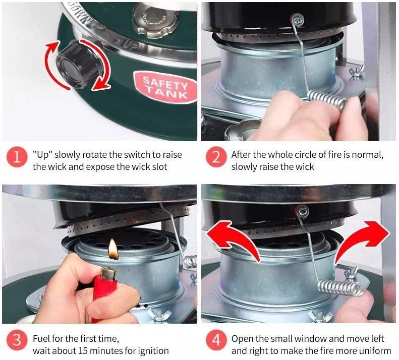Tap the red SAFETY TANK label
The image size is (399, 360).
click(165, 87)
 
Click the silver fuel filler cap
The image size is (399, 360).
click(156, 20)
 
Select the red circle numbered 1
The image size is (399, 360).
click(17, 157)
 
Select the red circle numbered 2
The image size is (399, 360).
click(216, 157)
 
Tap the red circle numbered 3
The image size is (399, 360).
click(17, 340)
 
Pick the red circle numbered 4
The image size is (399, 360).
click(216, 340)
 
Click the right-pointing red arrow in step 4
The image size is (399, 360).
click(361, 242)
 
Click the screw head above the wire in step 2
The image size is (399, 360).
click(297, 19)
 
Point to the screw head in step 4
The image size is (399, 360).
click(303, 211)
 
